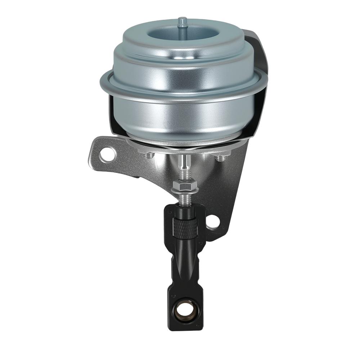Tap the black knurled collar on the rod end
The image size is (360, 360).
(x=186, y=228)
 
